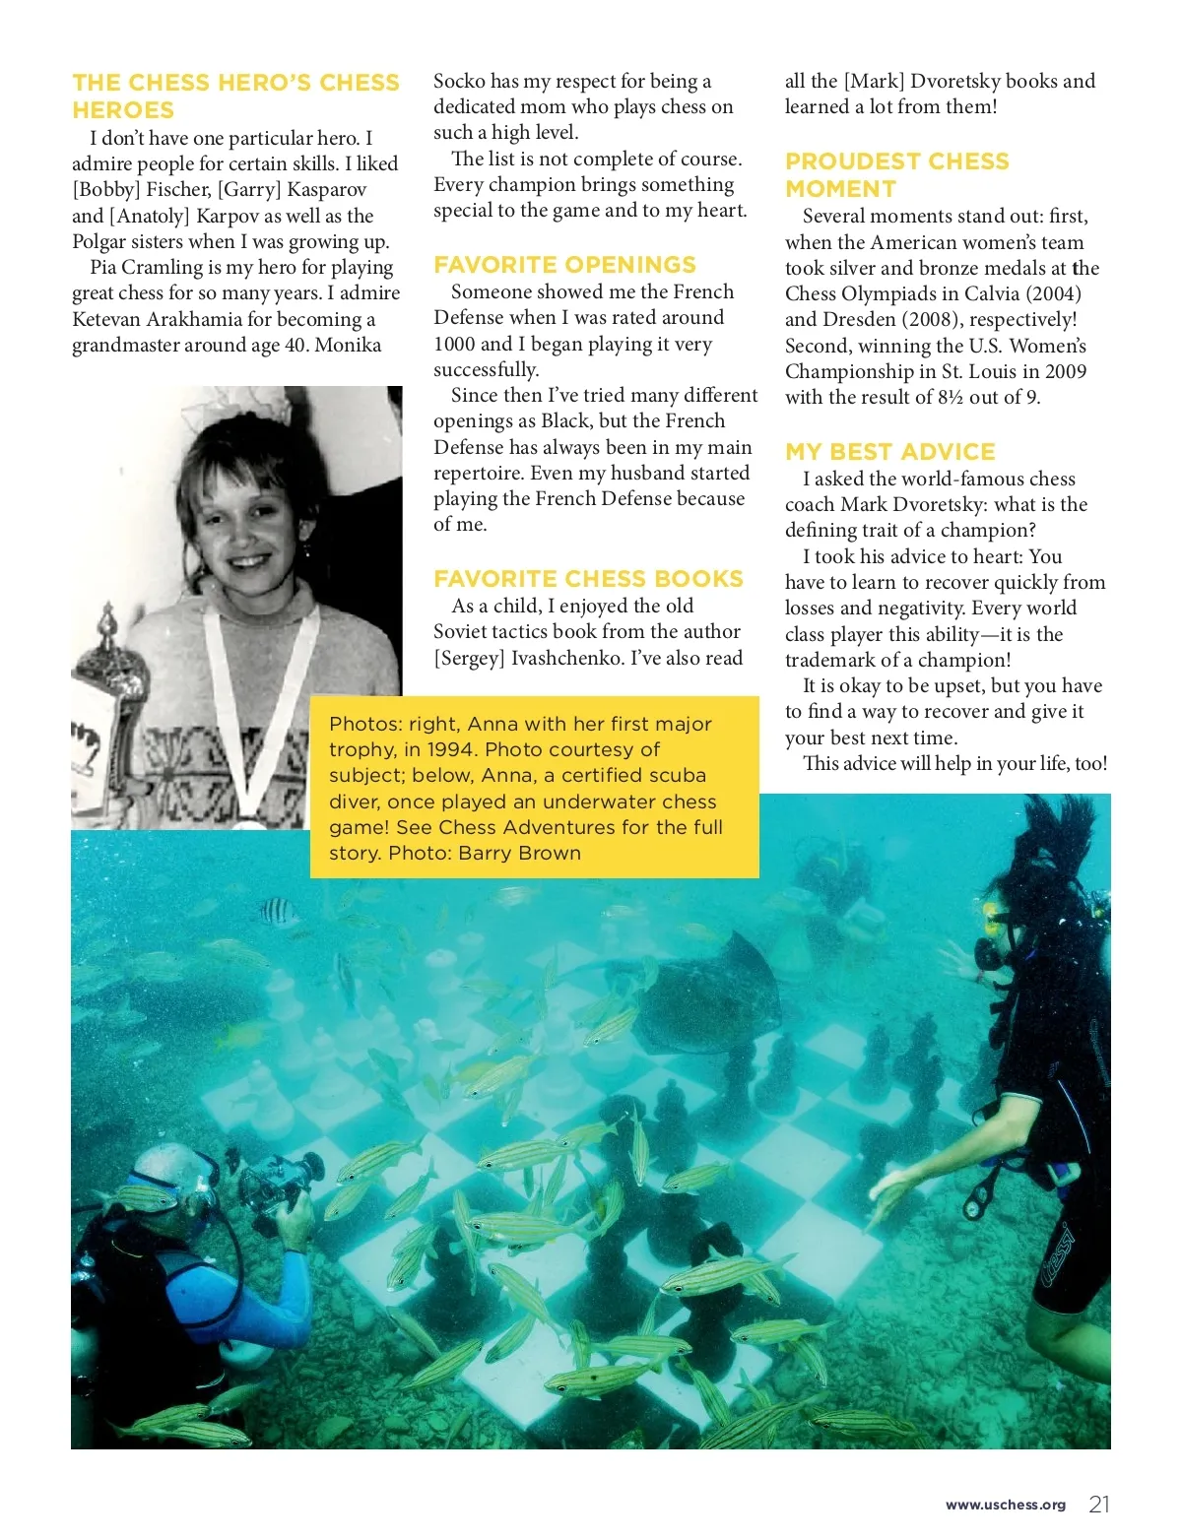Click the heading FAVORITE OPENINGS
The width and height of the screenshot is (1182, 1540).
(564, 265)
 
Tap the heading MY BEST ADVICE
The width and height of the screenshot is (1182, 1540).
(890, 452)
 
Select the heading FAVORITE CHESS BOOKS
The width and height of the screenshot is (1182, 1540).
(588, 579)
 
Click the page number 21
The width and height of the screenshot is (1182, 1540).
(1099, 1504)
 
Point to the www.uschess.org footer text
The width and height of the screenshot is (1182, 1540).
(1005, 1505)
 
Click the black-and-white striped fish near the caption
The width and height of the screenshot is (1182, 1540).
(279, 912)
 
